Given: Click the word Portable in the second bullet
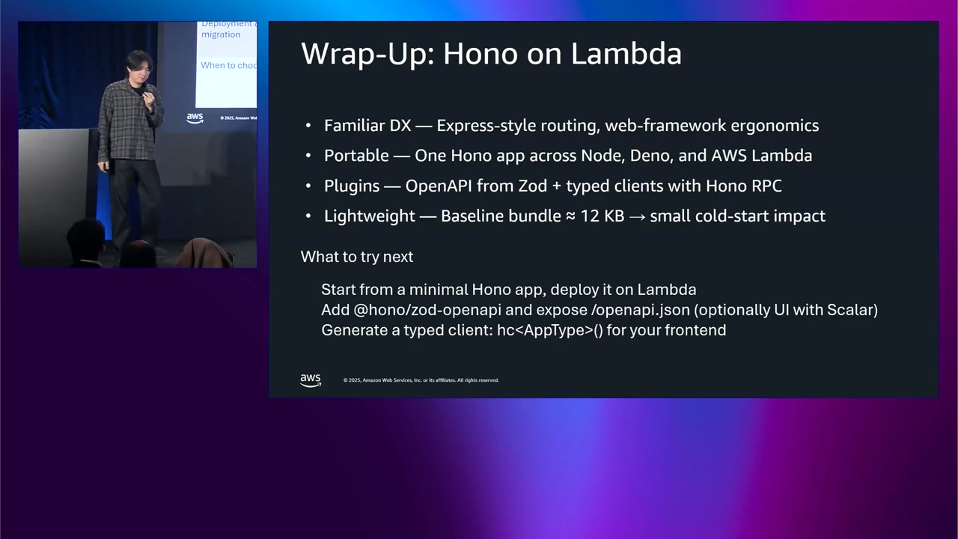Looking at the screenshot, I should tap(356, 156).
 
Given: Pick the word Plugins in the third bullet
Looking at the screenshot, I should tap(352, 186).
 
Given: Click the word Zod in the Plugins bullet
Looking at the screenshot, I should tap(532, 186).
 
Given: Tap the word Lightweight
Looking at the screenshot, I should tap(369, 216).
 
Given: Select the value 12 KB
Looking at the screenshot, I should tap(602, 216).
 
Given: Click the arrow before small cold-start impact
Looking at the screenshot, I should tap(637, 216).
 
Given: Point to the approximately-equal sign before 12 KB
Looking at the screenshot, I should tap(570, 216).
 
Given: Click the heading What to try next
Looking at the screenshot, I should tap(356, 257).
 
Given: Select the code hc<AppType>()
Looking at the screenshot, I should tap(549, 330).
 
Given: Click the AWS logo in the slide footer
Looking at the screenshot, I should tap(311, 380).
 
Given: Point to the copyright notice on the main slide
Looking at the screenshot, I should tap(421, 380).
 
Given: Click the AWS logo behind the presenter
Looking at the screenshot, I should tap(195, 118).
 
